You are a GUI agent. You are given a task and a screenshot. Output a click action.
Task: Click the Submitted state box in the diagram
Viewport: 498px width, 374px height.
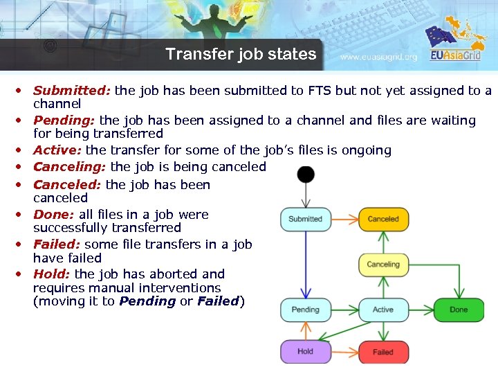tap(305, 219)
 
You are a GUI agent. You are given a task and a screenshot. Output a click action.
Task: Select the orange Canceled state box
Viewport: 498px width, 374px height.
tap(383, 219)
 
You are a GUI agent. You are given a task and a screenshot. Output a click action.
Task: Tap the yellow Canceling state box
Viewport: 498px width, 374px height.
tap(383, 264)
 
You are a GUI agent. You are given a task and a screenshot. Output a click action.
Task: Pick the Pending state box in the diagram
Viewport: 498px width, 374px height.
tap(305, 310)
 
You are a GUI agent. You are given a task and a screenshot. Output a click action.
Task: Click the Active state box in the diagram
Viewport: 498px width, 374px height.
tap(383, 310)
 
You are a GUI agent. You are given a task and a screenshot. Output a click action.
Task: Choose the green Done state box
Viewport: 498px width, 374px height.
tap(459, 310)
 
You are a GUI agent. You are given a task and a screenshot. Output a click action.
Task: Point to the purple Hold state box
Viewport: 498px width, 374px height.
tap(305, 351)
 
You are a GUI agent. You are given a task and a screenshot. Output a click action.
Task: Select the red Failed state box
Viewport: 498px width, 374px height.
tap(383, 352)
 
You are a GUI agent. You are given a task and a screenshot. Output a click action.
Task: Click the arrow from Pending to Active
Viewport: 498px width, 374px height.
tap(344, 310)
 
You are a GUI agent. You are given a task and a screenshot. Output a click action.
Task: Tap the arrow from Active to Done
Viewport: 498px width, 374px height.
tap(421, 310)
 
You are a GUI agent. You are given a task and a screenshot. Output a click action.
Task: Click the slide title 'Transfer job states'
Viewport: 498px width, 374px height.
tap(241, 54)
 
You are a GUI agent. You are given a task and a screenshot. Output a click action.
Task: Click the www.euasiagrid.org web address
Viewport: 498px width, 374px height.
tap(379, 57)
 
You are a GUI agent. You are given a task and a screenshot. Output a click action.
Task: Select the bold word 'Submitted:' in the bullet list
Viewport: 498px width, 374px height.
tap(72, 91)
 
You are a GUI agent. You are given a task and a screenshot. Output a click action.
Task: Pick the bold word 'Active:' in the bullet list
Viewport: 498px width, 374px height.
tap(57, 150)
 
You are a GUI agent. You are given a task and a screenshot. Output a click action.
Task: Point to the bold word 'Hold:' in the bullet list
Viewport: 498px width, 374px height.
tap(52, 274)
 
